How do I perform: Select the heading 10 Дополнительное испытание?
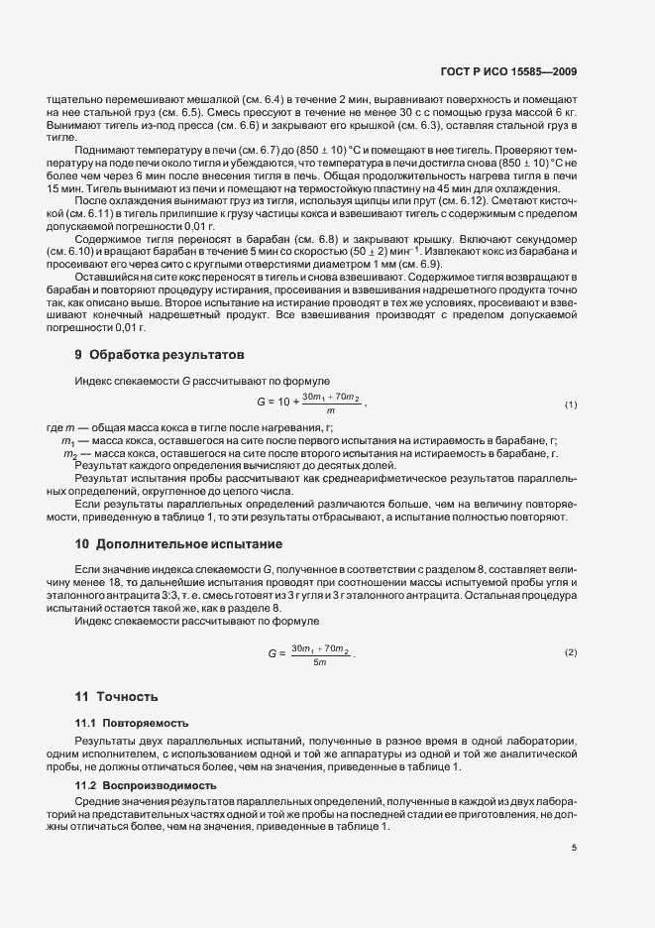click(x=178, y=543)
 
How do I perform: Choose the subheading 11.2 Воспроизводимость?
click(x=145, y=784)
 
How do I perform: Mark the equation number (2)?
click(x=571, y=654)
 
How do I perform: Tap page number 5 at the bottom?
click(x=575, y=848)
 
